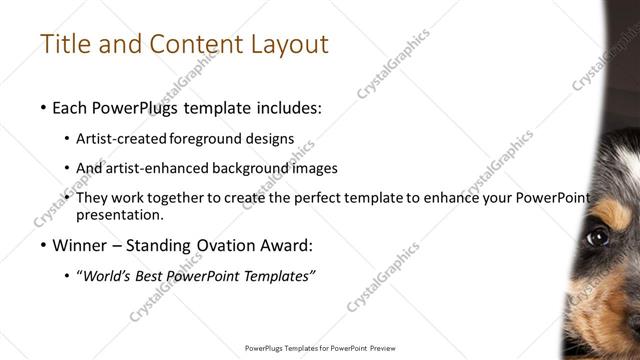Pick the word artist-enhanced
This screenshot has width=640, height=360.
[x=153, y=168]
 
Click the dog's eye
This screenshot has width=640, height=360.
[x=597, y=237]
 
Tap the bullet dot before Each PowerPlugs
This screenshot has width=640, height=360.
[x=42, y=107]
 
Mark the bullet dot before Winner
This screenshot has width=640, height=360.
[x=42, y=246]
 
